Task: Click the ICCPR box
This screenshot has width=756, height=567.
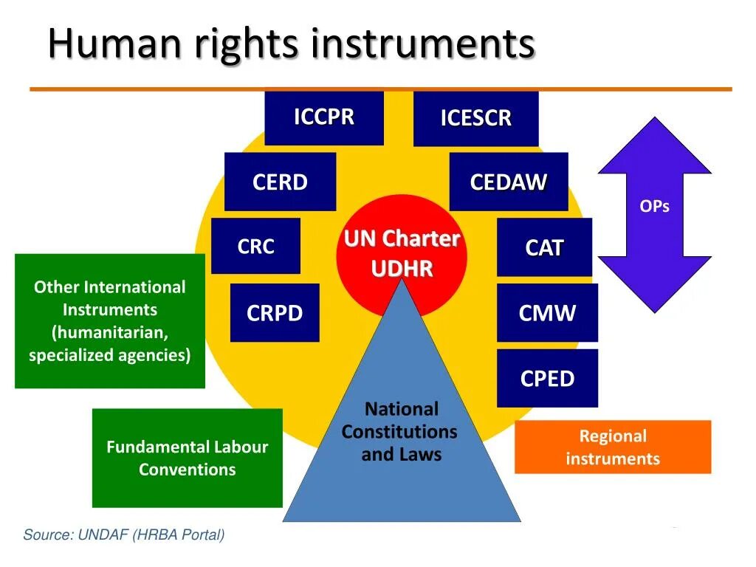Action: tap(324, 117)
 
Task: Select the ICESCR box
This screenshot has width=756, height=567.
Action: tap(475, 119)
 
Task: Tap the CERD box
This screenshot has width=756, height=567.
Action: tap(280, 182)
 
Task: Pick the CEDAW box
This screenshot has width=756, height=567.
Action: tap(508, 182)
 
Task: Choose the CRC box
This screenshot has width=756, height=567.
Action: tap(255, 247)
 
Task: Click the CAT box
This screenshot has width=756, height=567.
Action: tap(544, 248)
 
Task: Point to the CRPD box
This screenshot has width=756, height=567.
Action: tap(275, 313)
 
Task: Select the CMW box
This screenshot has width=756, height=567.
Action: tap(547, 313)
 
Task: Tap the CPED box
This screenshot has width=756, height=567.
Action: tap(547, 379)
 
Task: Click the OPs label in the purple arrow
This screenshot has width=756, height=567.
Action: tap(654, 206)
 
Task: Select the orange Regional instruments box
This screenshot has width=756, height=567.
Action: tap(612, 447)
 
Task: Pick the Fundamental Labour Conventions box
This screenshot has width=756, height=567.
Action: tap(187, 458)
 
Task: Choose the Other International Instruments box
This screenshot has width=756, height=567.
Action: tap(110, 321)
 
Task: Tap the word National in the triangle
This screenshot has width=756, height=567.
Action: tap(402, 409)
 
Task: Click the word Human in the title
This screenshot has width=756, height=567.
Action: tap(114, 44)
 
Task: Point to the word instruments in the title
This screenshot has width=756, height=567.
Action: tap(422, 44)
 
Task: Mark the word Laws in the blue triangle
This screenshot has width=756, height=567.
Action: tap(421, 455)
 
